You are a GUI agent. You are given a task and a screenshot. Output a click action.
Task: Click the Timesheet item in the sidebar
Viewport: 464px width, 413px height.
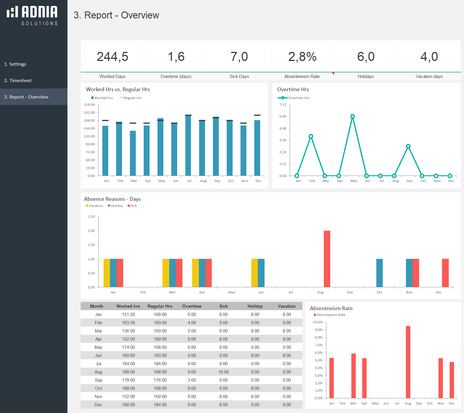point(18,80)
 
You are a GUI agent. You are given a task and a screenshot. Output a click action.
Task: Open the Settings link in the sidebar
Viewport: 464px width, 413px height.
point(15,64)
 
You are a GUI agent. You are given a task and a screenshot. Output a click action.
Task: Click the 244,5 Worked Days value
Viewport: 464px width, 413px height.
point(112,57)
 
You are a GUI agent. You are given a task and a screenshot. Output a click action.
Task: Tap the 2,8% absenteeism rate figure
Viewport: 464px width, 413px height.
point(302,57)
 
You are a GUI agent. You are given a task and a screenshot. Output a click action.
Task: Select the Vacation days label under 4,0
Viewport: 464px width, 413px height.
point(429,77)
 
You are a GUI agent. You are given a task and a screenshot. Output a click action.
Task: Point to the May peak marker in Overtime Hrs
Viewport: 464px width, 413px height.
point(353,116)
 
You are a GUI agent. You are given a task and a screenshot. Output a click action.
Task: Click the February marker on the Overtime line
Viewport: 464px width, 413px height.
point(311,136)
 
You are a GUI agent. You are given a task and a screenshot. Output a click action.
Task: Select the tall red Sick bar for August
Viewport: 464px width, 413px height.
point(327,259)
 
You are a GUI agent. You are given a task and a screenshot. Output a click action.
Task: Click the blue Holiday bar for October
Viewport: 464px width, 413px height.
point(379,273)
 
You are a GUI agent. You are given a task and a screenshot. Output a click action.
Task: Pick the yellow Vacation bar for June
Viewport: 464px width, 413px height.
point(254,273)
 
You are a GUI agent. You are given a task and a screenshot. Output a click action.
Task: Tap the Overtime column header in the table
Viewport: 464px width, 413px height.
point(192,306)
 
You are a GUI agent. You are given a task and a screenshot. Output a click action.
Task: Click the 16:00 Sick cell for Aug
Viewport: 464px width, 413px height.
point(223,372)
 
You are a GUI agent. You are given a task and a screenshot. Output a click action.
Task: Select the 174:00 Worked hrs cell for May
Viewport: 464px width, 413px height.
point(128,347)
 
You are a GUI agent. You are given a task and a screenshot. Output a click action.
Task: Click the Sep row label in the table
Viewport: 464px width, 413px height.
point(98,380)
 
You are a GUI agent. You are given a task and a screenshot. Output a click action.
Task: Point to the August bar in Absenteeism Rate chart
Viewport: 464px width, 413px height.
point(408,362)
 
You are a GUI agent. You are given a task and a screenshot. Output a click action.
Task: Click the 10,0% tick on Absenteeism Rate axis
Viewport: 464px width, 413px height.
point(318,322)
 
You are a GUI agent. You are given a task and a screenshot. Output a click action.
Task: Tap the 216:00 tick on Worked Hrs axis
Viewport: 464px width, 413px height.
point(89,105)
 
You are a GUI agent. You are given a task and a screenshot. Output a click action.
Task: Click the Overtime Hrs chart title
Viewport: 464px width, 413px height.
point(293,89)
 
